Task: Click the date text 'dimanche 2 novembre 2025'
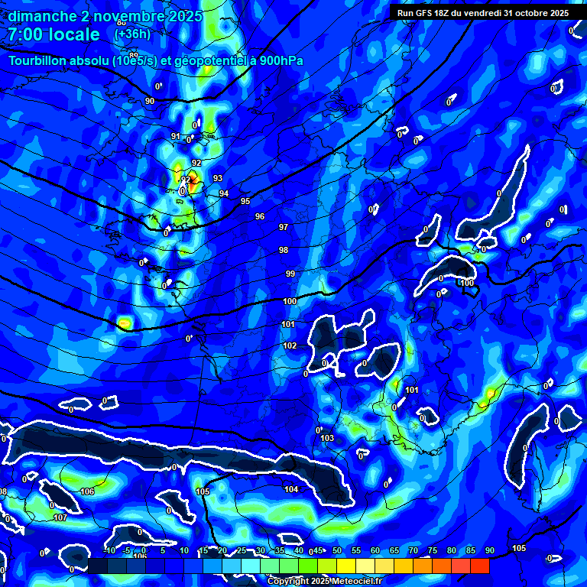105,16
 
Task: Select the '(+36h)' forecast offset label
132,34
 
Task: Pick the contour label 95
245,201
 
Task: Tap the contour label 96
260,216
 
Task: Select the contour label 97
284,227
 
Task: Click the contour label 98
284,250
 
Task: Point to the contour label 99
290,274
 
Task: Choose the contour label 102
290,345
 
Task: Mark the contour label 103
328,438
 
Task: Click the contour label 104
291,489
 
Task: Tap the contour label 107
60,517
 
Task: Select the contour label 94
224,193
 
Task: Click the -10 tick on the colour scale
109,551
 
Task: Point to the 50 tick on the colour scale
337,551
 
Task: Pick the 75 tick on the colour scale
433,551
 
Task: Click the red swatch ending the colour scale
479,566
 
